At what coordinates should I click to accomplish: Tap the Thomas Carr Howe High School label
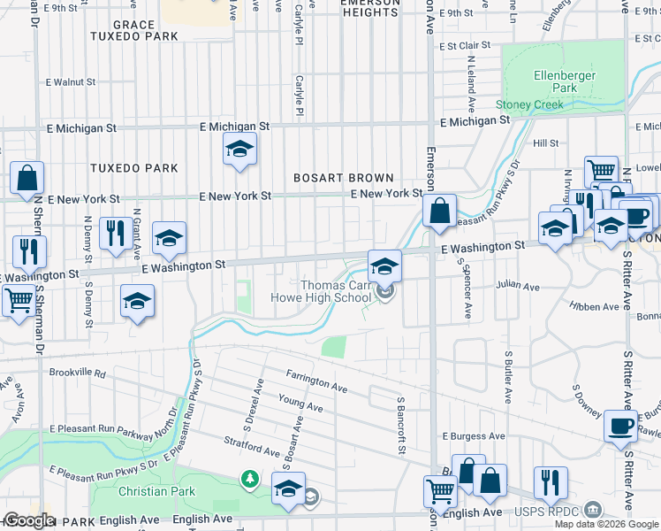click(x=336, y=291)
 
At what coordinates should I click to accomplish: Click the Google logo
click(x=28, y=520)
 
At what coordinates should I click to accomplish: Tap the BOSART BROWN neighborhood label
click(x=345, y=178)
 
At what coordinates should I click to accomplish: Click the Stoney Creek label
click(x=529, y=104)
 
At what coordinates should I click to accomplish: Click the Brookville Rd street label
click(x=78, y=373)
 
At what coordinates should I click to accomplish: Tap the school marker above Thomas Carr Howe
click(x=384, y=265)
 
